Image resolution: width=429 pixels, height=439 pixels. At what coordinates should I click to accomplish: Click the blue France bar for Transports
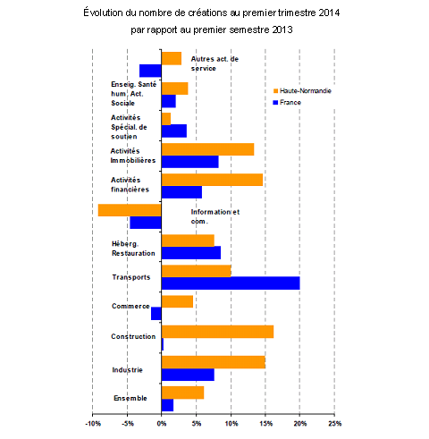click(231, 283)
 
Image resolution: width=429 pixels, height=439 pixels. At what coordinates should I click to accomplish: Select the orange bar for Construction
click(217, 332)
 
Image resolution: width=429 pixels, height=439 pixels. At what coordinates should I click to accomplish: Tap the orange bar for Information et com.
click(130, 210)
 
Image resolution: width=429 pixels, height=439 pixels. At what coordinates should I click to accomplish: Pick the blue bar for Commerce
click(156, 314)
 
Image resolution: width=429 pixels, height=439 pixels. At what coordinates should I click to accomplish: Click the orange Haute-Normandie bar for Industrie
click(214, 362)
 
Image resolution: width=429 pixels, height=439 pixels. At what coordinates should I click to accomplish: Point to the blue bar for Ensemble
click(167, 405)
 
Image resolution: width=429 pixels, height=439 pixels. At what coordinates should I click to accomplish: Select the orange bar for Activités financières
click(212, 180)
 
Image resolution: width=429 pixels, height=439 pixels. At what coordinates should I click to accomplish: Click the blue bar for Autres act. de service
click(150, 71)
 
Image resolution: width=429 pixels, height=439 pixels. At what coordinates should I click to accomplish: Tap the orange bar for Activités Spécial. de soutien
click(166, 119)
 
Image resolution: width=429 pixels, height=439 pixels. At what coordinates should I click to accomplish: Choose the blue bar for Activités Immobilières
click(190, 162)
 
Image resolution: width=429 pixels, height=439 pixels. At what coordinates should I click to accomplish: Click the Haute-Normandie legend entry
click(302, 90)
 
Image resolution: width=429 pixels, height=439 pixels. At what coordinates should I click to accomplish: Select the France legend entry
click(287, 102)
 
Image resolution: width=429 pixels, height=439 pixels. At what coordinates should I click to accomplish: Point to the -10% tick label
click(93, 424)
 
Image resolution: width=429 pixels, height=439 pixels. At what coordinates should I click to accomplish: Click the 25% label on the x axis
click(334, 424)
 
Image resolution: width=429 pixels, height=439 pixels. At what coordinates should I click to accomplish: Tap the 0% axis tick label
click(162, 424)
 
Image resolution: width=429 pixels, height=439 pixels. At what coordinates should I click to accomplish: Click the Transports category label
click(131, 277)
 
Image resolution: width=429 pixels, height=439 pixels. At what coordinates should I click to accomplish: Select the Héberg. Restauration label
click(133, 249)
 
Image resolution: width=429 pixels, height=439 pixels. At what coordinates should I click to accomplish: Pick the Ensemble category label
click(130, 398)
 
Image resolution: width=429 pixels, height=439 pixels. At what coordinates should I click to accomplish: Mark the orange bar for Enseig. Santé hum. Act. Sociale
click(175, 89)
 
